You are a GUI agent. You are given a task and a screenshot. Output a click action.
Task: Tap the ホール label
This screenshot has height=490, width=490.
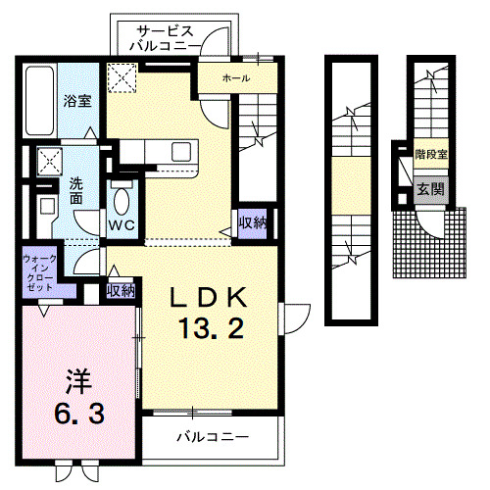tap(236, 77)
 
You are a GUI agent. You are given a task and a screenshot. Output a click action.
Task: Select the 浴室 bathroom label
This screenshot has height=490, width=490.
tap(78, 100)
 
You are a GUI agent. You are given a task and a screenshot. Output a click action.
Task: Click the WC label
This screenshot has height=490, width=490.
tap(121, 225)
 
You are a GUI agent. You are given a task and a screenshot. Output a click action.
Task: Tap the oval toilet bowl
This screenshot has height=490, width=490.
tap(122, 201)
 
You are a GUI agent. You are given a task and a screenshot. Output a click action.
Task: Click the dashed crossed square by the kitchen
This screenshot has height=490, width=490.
tap(122, 76)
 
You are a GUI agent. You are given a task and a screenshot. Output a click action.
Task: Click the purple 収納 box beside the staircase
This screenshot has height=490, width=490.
tap(251, 222)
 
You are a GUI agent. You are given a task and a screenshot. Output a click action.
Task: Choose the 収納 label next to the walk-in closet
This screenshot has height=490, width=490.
tap(121, 290)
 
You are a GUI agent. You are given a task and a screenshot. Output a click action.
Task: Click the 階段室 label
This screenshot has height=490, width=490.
tap(430, 155)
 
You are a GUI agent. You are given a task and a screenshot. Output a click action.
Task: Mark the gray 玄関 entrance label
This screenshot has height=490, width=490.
tap(427, 188)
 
